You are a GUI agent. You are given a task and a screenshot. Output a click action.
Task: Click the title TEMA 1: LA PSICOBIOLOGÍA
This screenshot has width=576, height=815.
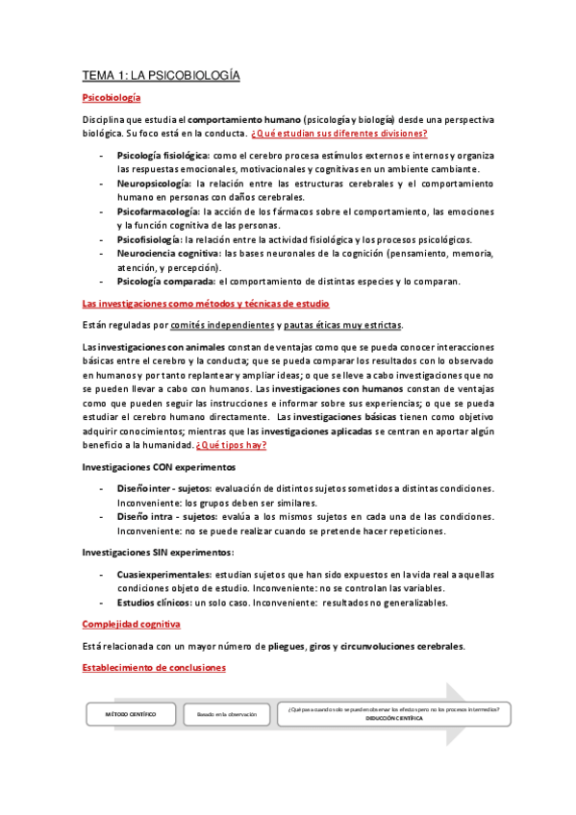pyautogui.click(x=161, y=75)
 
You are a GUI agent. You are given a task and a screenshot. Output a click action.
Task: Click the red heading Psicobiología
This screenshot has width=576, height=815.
pyautogui.click(x=112, y=98)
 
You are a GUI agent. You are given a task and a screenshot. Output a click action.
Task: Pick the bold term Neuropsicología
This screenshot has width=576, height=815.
pyautogui.click(x=153, y=182)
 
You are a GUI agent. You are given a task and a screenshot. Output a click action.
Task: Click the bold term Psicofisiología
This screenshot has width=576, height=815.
pyautogui.click(x=149, y=238)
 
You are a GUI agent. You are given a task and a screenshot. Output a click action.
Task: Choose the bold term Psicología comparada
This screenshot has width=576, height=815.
pyautogui.click(x=165, y=281)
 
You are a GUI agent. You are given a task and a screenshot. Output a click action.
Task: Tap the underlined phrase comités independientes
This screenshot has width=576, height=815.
pyautogui.click(x=216, y=324)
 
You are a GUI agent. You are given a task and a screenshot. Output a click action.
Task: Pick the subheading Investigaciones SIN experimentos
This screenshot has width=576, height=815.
pyautogui.click(x=157, y=552)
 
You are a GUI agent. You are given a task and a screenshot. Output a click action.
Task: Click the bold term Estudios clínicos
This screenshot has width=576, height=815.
pyautogui.click(x=154, y=603)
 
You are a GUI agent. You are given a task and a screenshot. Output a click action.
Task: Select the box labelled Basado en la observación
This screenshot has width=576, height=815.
pyautogui.click(x=227, y=714)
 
